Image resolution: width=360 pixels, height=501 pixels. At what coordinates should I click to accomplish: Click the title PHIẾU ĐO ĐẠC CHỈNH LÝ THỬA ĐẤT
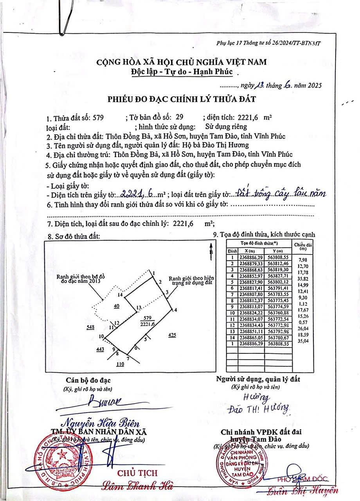pos(180,99)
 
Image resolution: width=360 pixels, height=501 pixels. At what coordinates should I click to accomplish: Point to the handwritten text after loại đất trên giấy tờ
pos(281,193)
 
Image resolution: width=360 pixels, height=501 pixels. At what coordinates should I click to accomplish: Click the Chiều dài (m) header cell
pos(302,247)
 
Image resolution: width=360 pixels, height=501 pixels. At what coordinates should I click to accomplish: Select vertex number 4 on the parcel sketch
pos(176,310)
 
